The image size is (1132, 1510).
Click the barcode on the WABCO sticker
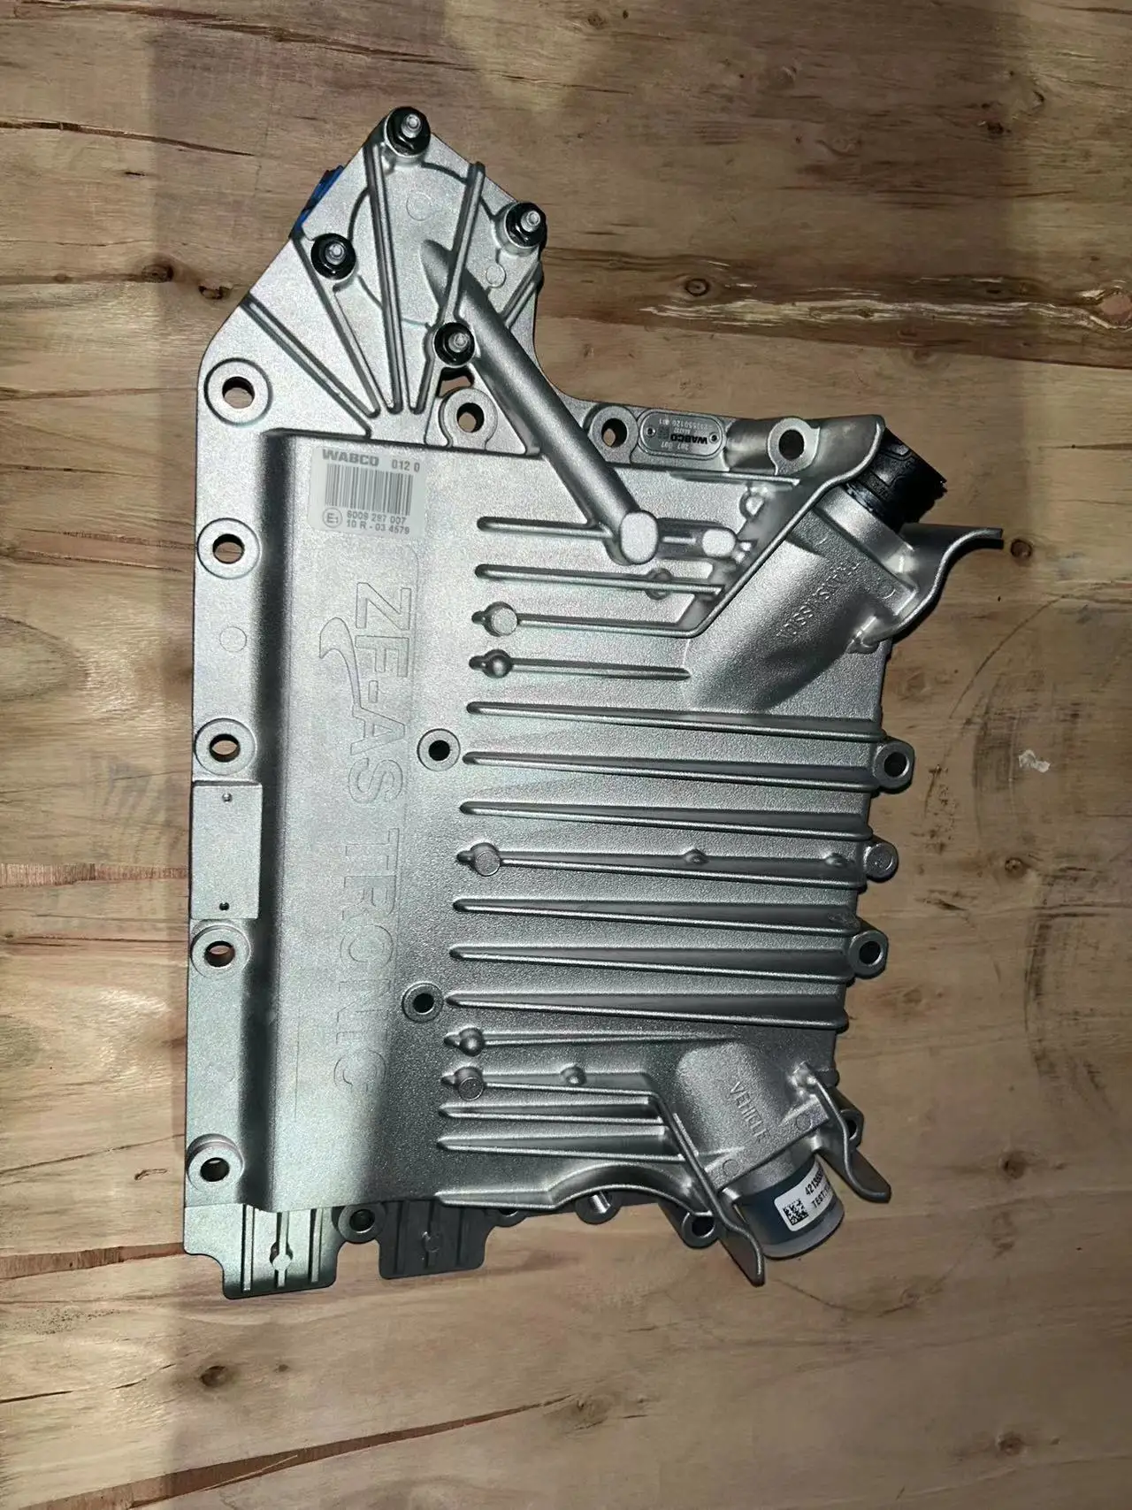(x=371, y=486)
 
